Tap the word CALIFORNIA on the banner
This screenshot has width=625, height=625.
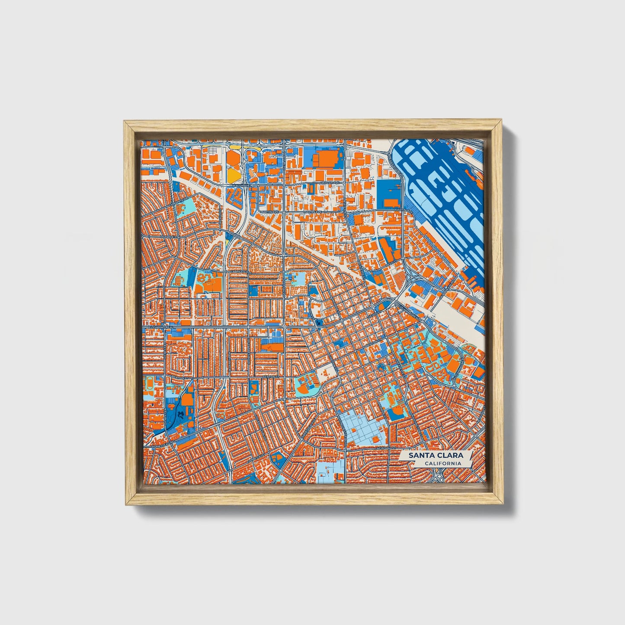click(442, 463)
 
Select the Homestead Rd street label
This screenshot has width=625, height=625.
click(163, 443)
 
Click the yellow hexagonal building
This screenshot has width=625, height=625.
click(233, 174)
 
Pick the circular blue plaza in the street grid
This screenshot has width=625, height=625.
click(381, 367)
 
